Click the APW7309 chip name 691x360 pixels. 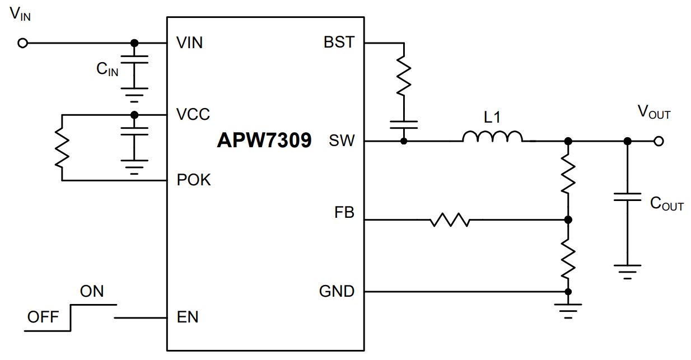pyautogui.click(x=264, y=141)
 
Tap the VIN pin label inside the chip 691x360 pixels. pyautogui.click(x=189, y=43)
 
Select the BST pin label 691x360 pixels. pyautogui.click(x=339, y=42)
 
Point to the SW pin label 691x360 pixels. pyautogui.click(x=342, y=141)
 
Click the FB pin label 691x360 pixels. pyautogui.click(x=344, y=212)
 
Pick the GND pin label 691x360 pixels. pyautogui.click(x=337, y=291)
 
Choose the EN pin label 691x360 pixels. pyautogui.click(x=188, y=317)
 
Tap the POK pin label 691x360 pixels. pyautogui.click(x=194, y=180)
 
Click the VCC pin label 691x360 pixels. pyautogui.click(x=193, y=114)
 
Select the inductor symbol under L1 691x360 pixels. pyautogui.click(x=492, y=137)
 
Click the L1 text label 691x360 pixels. pyautogui.click(x=492, y=117)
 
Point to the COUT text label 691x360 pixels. pyautogui.click(x=667, y=204)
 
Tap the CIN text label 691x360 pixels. pyautogui.click(x=108, y=69)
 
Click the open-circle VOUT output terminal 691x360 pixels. pyautogui.click(x=659, y=141)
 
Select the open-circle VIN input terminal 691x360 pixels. pyautogui.click(x=22, y=43)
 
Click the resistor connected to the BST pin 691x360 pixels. pyautogui.click(x=404, y=76)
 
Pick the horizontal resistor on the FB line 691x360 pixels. pyautogui.click(x=450, y=219)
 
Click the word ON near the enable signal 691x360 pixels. pyautogui.click(x=92, y=291)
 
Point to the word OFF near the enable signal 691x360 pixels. pyautogui.click(x=43, y=317)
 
